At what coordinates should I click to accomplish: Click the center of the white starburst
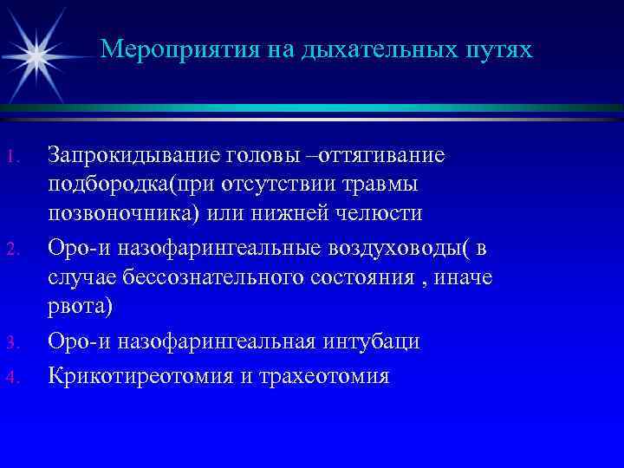point(36,55)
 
